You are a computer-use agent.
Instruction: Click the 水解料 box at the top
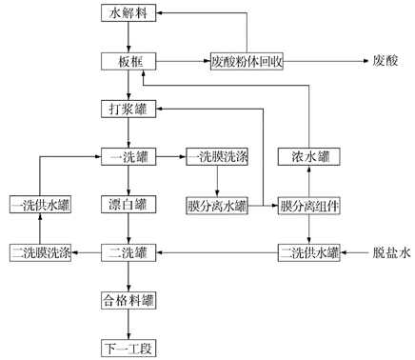127,14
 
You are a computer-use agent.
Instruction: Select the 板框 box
127,62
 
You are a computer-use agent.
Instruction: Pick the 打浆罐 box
127,109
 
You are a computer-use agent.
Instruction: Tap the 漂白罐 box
127,204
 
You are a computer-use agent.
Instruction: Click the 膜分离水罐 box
217,204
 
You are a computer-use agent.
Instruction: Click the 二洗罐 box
127,251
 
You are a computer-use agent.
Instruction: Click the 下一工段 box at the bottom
127,347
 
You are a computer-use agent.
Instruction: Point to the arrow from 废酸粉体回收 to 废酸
324,62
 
